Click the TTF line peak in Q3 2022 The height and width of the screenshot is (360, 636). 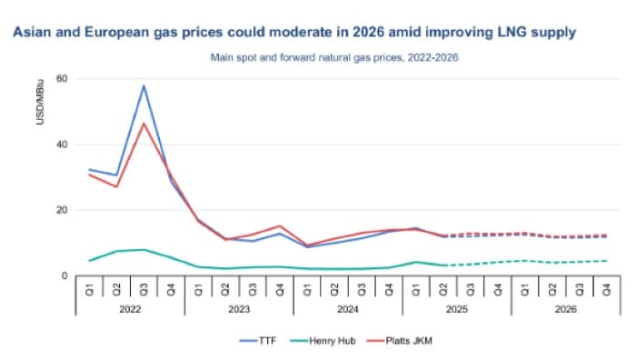click(144, 86)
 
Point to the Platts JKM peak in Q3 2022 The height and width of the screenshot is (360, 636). click(144, 124)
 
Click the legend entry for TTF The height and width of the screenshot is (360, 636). click(259, 340)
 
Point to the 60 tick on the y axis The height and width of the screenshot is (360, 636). click(62, 78)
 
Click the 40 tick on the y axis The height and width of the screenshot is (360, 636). click(62, 145)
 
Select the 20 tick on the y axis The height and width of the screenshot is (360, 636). click(62, 210)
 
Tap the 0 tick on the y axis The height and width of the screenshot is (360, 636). click(65, 275)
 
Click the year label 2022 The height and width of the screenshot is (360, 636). click(129, 308)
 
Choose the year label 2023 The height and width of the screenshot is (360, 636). click(238, 308)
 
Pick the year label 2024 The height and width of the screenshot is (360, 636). click(347, 308)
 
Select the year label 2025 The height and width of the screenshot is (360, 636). click(456, 308)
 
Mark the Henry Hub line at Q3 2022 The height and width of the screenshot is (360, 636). click(144, 249)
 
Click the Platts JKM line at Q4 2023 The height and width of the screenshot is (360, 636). click(281, 226)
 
